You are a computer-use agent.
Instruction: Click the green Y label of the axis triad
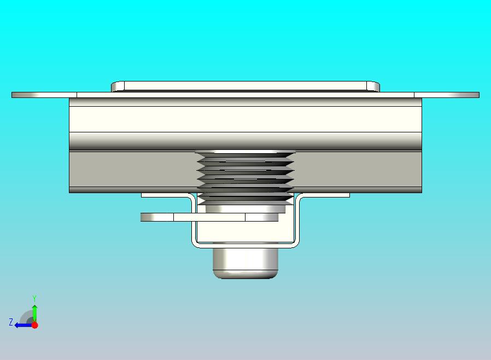tap(34, 298)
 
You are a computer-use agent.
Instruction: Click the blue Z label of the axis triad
tap(10, 322)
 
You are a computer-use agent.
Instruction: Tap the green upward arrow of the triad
tap(34, 311)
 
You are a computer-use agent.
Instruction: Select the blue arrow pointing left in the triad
tap(21, 325)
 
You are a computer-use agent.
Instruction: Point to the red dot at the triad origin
tap(34, 325)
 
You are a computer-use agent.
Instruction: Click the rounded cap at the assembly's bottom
tap(245, 263)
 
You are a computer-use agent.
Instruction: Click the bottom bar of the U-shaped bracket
tap(245, 245)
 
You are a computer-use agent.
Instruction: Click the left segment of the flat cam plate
tap(157, 217)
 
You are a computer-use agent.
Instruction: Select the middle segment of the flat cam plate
tap(209, 217)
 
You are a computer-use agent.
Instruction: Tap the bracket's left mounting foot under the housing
tap(164, 195)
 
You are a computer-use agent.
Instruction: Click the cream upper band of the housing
tap(245, 118)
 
